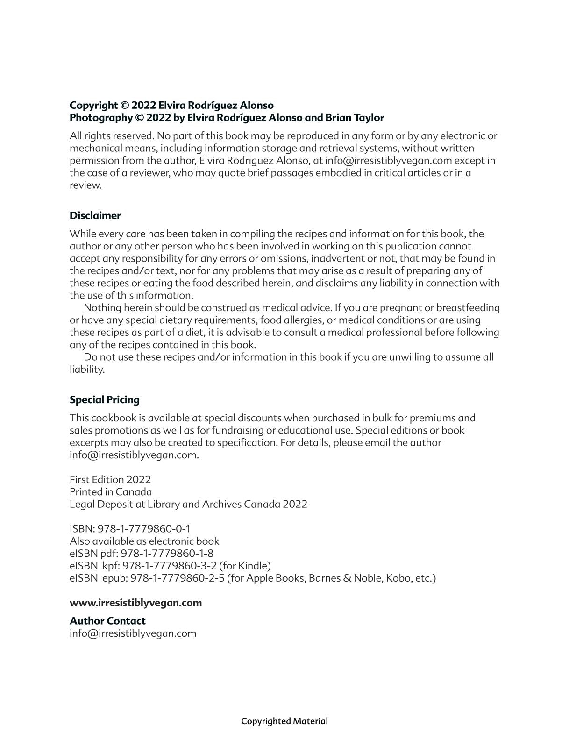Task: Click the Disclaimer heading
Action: click(95, 215)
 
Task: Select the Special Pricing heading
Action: click(104, 399)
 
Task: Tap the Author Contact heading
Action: click(107, 620)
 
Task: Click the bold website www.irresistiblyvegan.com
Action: click(135, 602)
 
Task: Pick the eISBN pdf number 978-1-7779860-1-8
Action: click(167, 553)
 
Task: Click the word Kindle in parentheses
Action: click(253, 565)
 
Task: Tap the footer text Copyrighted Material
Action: click(284, 721)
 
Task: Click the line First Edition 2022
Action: click(110, 479)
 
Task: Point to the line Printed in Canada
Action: click(111, 491)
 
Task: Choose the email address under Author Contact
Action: click(133, 633)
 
